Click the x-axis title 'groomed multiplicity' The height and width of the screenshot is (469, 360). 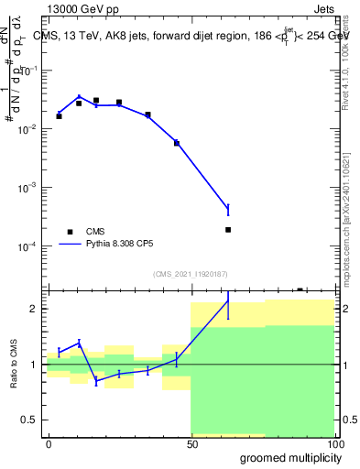tap(286, 456)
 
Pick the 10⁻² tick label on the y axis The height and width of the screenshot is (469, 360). tap(30, 129)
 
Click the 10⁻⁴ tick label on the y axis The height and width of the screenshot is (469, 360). tap(30, 246)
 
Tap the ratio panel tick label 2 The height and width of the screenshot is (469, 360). tap(37, 309)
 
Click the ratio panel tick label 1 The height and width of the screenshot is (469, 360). tap(37, 365)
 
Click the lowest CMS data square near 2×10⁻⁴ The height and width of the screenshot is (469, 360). tap(228, 230)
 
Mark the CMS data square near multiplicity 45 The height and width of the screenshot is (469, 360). tap(177, 143)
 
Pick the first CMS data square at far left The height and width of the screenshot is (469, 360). tap(59, 116)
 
